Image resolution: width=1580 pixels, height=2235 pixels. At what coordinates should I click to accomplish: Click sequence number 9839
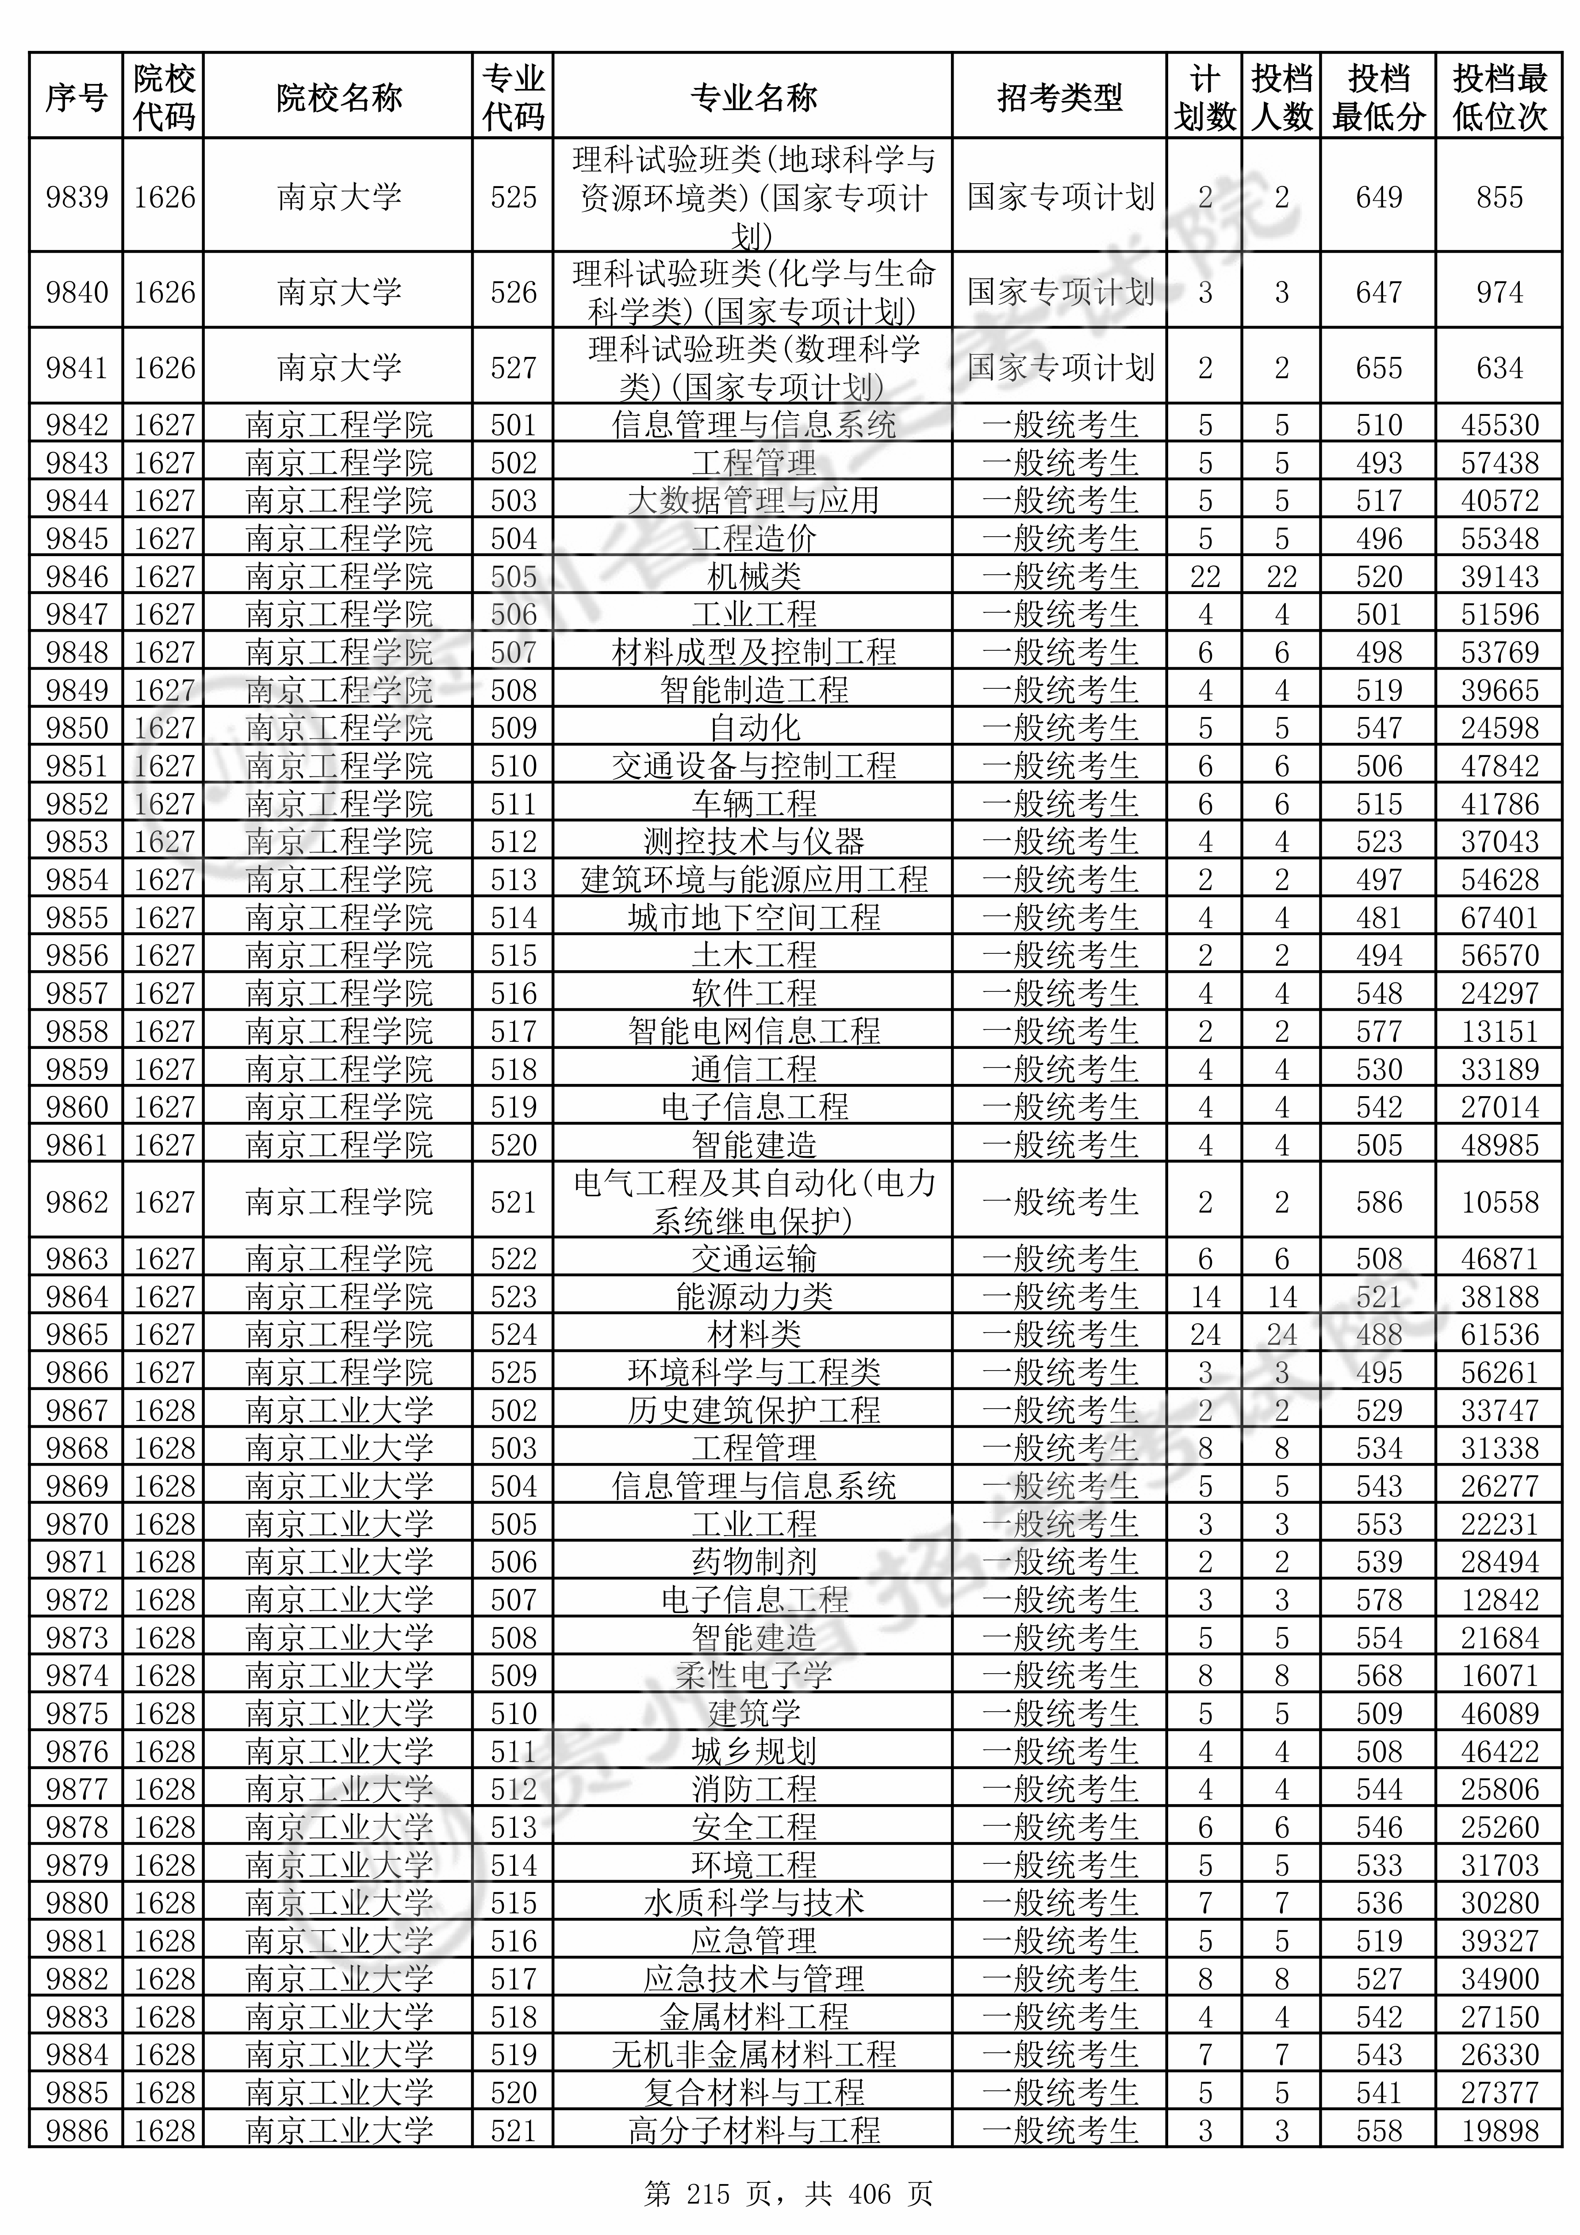77,198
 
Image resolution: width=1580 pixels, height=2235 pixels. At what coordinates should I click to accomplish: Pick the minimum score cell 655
1378,368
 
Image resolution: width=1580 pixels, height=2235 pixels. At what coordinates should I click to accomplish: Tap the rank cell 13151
1499,1031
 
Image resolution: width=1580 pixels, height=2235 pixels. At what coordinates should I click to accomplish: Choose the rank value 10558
1499,1202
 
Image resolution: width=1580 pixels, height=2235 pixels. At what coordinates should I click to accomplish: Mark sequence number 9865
77,1335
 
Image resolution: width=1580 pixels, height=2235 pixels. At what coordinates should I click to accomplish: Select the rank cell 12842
1499,1599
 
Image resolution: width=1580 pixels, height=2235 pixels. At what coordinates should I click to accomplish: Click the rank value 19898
1499,2131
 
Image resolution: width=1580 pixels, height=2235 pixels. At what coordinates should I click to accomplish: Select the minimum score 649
1378,198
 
